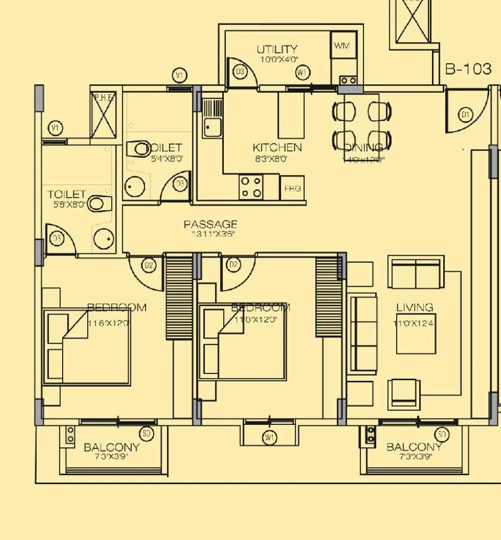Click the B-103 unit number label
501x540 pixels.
[468, 69]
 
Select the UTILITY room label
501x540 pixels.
[277, 49]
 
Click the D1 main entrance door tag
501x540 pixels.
[465, 115]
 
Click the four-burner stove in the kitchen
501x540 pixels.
[251, 187]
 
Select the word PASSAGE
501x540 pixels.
[211, 224]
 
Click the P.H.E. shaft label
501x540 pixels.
[103, 98]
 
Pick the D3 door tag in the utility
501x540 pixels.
[240, 73]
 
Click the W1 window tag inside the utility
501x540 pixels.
[302, 73]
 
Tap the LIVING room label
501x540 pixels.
[414, 308]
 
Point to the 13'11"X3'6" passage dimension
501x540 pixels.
[213, 234]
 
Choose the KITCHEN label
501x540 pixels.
[277, 147]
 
